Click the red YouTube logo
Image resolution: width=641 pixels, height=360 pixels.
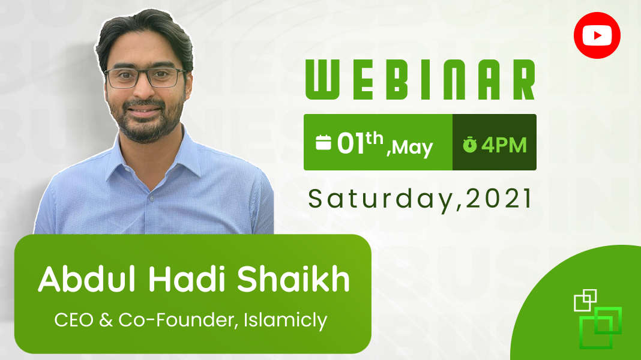pos(597,35)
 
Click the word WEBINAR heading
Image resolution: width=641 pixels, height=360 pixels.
pos(420,79)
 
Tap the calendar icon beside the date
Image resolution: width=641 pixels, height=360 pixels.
pos(324,142)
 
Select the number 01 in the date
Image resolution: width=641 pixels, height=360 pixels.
pos(351,143)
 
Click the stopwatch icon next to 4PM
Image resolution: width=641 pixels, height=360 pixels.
pos(470,145)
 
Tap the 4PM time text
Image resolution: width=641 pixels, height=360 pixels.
pos(504,145)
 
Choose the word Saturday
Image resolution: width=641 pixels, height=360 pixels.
pos(380,199)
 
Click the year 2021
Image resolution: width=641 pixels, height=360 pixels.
pos(498,198)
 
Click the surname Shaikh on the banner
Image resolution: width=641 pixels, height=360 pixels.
pos(293,278)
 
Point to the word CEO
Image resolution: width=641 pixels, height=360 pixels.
pos(74,320)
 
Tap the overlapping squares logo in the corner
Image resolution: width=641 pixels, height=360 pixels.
pos(598,319)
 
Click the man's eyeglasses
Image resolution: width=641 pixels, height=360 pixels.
pos(145,77)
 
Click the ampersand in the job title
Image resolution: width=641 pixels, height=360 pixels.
pos(106,320)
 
